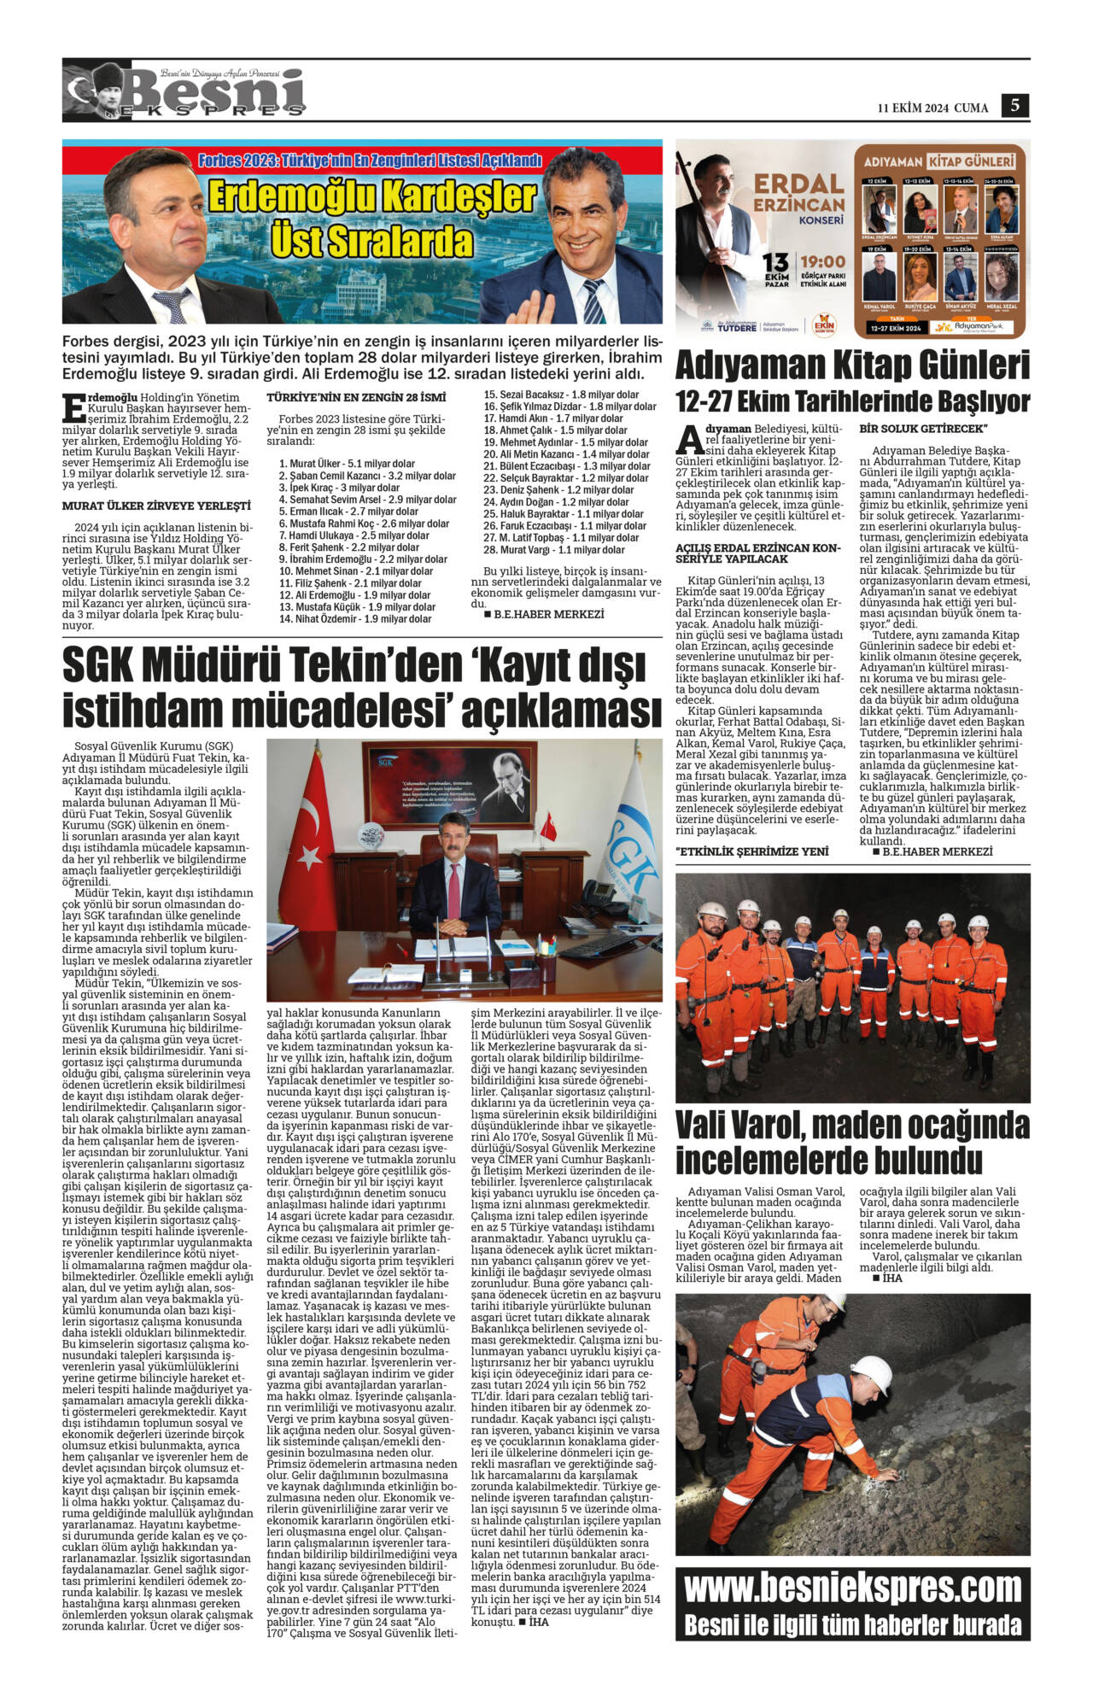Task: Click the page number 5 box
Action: (x=1015, y=105)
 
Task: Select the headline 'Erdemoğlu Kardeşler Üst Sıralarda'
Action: (x=371, y=219)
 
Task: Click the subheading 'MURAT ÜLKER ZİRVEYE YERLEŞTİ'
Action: (x=156, y=506)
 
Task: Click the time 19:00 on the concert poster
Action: (x=822, y=262)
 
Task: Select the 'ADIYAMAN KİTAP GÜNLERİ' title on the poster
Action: (x=939, y=161)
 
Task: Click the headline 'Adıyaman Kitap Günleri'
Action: (x=852, y=366)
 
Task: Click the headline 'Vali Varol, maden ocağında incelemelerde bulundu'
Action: (x=852, y=1143)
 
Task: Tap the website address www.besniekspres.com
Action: (x=852, y=1589)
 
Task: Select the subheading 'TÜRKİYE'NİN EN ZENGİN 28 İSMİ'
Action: (x=356, y=398)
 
